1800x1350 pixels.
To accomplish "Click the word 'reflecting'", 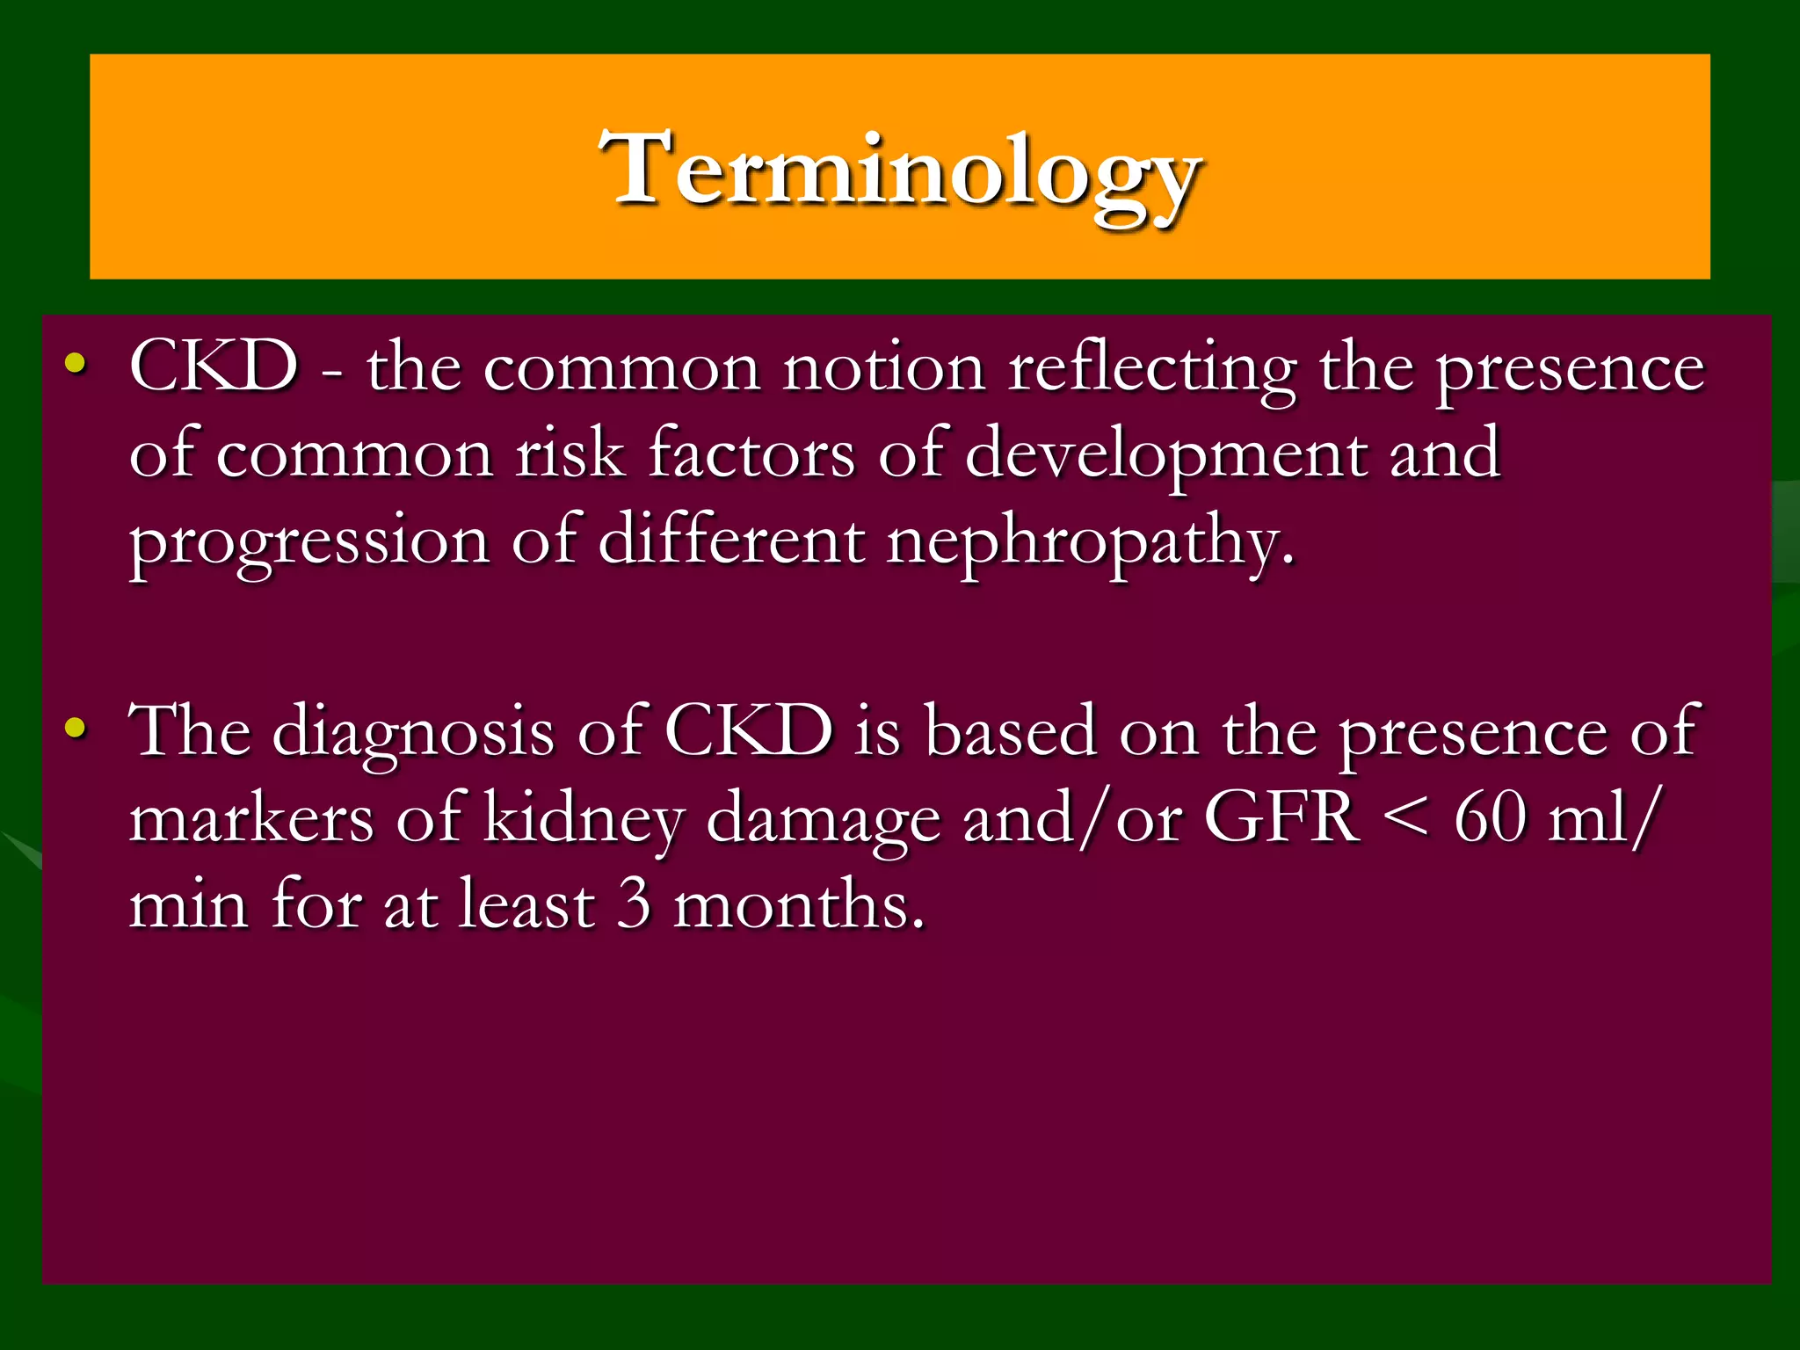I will tap(1151, 369).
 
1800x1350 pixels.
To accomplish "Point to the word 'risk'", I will tap(570, 454).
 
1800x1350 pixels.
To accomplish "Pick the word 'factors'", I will tap(751, 454).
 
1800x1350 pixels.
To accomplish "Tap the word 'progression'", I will tap(308, 543).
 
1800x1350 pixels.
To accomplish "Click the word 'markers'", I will tap(251, 818).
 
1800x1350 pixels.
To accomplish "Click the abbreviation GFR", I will tap(1281, 817).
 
